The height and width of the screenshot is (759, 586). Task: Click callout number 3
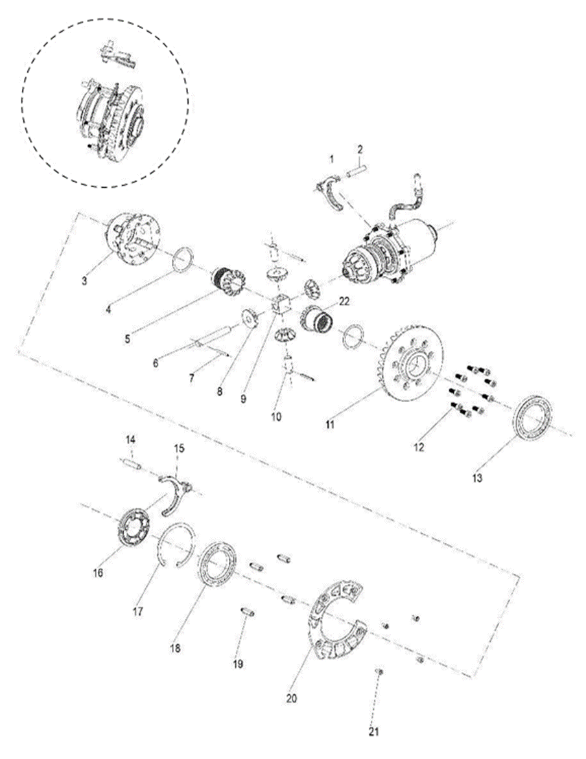(84, 280)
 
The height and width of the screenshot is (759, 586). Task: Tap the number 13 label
(477, 478)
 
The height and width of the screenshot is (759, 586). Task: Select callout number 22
(344, 301)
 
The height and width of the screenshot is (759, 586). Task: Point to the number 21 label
(373, 731)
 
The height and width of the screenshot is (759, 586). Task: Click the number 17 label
(137, 611)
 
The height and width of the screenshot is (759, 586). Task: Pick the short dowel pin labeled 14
(132, 464)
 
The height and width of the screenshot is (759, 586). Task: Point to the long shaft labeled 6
(211, 336)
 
